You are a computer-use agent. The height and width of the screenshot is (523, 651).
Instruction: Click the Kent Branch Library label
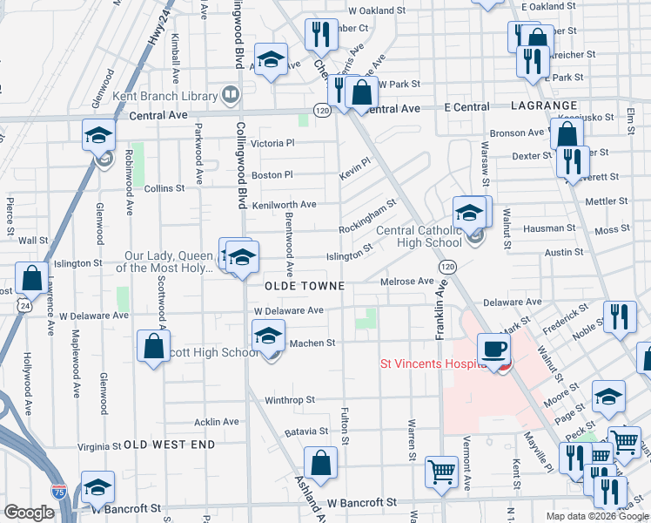coord(173,96)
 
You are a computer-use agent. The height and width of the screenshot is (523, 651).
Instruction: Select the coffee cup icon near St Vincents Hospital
coord(494,349)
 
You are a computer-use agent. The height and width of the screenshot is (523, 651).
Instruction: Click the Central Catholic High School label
coord(419,237)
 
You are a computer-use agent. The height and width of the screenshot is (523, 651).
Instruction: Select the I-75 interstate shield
coord(59,492)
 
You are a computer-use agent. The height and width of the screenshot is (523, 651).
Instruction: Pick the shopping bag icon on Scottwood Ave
coord(153,347)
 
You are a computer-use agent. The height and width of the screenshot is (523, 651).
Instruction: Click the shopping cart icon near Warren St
coord(442,472)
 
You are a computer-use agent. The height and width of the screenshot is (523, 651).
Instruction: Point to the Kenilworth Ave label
coord(284,205)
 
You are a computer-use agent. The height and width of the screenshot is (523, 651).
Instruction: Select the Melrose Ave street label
coord(406,282)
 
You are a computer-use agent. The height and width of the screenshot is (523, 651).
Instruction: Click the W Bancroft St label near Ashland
coord(361,503)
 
